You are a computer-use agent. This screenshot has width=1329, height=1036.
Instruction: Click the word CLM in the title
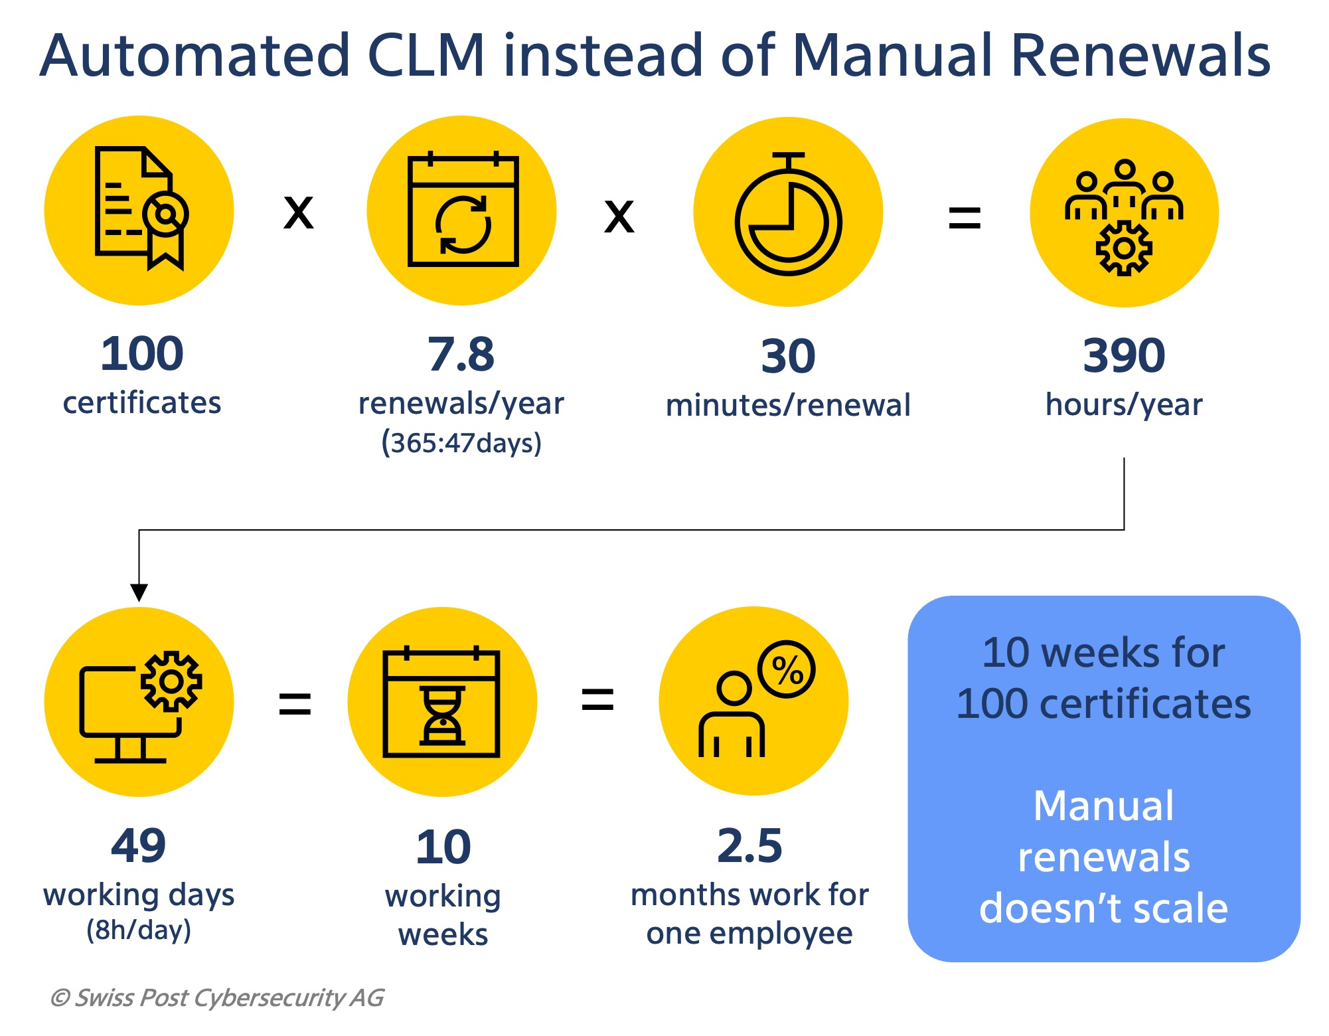coord(426,55)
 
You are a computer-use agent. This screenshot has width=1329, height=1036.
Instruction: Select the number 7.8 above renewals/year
coord(461,355)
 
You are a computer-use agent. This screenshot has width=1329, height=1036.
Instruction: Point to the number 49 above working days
coord(139,846)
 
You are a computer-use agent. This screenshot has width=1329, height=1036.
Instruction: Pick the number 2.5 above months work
coord(750,846)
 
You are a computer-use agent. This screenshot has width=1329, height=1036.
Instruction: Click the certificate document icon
coord(141,208)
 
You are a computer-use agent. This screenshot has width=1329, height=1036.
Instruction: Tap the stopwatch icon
coord(788,214)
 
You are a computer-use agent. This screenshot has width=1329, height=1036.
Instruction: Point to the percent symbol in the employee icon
coord(787,669)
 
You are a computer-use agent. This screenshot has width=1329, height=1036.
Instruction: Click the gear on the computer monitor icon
coord(171,681)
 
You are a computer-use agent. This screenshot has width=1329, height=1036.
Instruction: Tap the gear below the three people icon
coord(1124,248)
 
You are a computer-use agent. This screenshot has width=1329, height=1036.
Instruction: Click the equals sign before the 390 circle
coord(965,218)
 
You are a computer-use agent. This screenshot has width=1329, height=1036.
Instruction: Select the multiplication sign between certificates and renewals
coord(299,213)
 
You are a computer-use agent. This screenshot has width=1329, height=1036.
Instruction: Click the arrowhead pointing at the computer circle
coord(139,592)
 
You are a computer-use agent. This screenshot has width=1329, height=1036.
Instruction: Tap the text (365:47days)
coord(461,442)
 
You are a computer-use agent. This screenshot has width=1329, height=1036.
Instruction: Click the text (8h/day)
coord(139,930)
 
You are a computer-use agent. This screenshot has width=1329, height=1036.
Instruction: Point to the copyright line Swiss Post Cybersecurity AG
coord(217,997)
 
